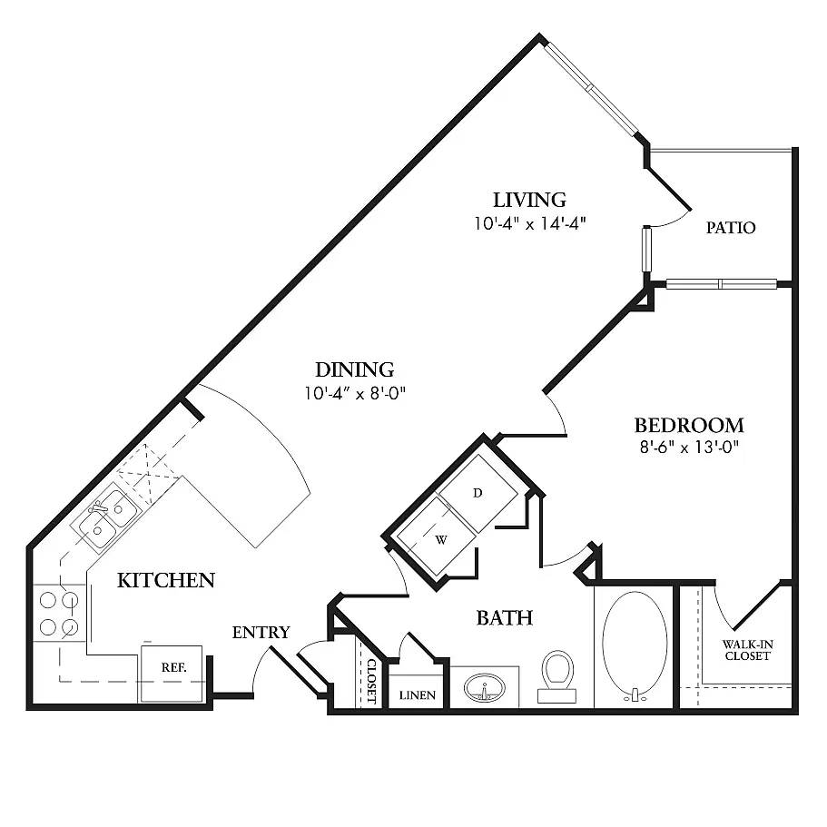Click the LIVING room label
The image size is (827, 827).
click(x=529, y=200)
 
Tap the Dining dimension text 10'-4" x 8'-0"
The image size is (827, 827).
click(x=354, y=394)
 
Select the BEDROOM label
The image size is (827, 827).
click(x=688, y=425)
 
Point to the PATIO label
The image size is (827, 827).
click(x=731, y=228)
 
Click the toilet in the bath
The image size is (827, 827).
click(x=556, y=674)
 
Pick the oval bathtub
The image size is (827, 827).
click(x=635, y=646)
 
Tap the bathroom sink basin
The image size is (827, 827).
click(x=484, y=689)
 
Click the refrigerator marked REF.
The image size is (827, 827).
click(x=172, y=672)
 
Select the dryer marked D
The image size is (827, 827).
click(x=478, y=492)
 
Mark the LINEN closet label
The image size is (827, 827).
click(x=418, y=696)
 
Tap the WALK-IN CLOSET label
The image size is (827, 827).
click(x=746, y=650)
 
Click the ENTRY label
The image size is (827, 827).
click(x=261, y=633)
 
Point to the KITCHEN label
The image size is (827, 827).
click(x=166, y=580)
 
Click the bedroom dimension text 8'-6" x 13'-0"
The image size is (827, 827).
click(x=688, y=447)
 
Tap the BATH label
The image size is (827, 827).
click(x=504, y=618)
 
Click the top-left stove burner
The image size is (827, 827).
click(x=49, y=600)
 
